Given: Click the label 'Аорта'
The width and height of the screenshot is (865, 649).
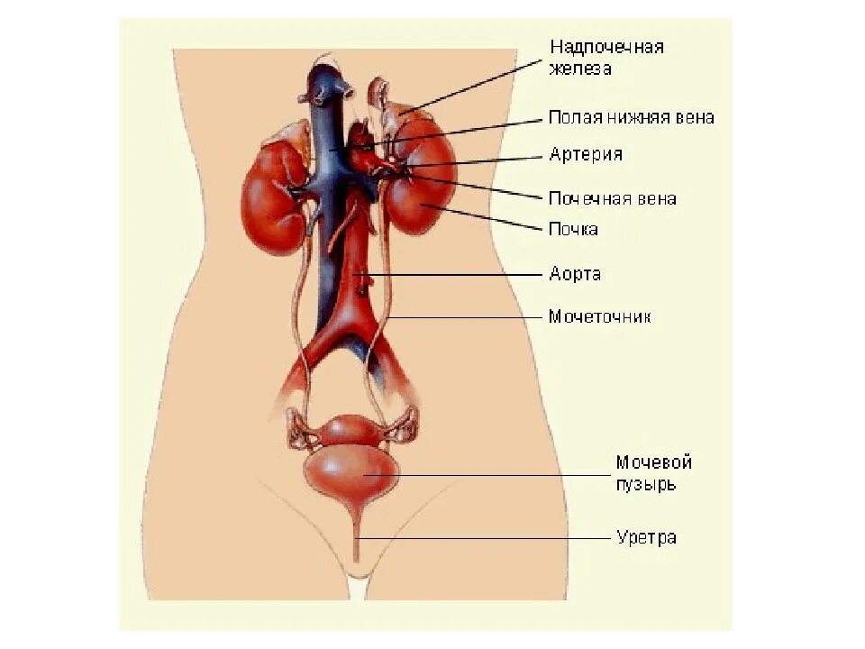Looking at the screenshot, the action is [x=575, y=273].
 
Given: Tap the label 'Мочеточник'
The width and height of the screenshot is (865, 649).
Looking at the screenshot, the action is [x=599, y=316].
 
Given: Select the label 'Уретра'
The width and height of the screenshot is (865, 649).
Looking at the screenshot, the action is [x=646, y=538].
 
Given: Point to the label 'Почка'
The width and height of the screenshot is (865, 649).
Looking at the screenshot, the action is [x=573, y=229].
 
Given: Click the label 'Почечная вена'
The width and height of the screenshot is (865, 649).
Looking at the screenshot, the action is [x=612, y=198].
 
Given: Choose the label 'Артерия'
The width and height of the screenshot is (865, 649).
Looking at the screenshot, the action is [x=585, y=154].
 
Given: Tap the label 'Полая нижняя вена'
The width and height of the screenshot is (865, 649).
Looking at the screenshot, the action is [x=631, y=117].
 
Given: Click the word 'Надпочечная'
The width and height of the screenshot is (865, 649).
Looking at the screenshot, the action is [x=606, y=46].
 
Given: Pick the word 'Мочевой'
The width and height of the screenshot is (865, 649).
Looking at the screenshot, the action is [x=653, y=462].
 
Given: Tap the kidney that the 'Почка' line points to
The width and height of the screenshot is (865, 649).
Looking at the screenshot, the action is [x=416, y=189].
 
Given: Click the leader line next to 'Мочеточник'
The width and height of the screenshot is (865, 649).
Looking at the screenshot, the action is [x=469, y=316].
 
